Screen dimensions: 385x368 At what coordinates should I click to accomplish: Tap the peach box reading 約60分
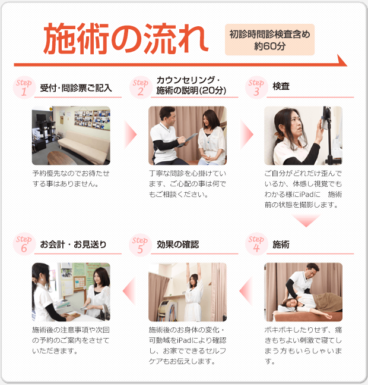pos(269,40)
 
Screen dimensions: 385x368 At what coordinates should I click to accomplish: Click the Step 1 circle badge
pos(24,87)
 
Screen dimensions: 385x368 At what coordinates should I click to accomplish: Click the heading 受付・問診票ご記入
pos(75,88)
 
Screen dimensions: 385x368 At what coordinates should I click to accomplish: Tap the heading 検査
pos(281,87)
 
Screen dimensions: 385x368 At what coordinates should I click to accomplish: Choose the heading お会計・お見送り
pos(74,245)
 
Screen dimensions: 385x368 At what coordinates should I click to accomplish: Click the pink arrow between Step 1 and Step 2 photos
pos(130,134)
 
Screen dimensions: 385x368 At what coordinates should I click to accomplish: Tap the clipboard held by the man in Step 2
pos(189,138)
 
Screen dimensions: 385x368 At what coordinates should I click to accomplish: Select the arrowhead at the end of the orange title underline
pos(342,60)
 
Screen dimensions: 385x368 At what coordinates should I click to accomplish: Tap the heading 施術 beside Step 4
pos(281,245)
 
